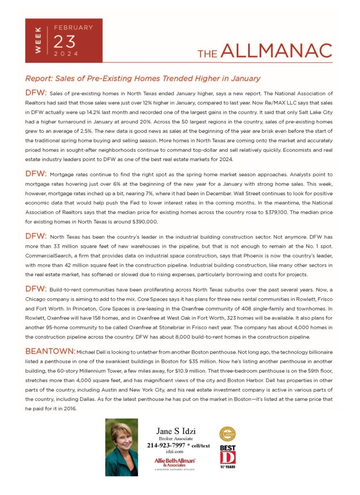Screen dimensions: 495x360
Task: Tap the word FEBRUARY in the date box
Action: [x=73, y=28]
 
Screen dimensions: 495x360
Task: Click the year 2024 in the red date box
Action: [x=66, y=54]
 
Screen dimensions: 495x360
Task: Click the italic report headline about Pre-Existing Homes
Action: [x=143, y=78]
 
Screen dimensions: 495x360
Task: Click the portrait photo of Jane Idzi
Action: [x=121, y=447]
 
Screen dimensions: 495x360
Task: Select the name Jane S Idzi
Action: [x=176, y=431]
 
